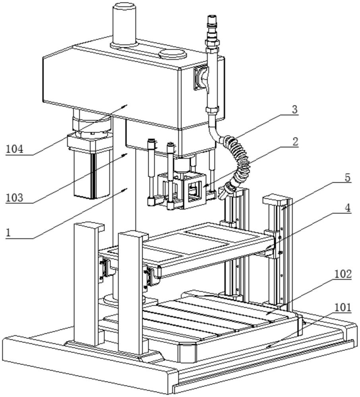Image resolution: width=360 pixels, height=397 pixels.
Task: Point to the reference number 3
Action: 294,110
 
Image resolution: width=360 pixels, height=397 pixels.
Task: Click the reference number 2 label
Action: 294,141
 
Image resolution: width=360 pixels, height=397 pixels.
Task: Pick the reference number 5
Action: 347,177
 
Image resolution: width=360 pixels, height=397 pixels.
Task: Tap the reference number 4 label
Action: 347,208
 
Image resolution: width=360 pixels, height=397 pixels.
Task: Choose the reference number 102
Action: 343,274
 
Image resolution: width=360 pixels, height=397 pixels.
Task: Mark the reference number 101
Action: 343,307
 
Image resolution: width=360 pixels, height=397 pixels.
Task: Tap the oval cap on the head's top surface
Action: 172,54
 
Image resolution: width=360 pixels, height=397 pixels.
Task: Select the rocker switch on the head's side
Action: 200,79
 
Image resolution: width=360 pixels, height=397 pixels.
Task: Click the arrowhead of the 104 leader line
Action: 127,105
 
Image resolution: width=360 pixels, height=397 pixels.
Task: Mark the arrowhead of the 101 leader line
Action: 267,347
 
